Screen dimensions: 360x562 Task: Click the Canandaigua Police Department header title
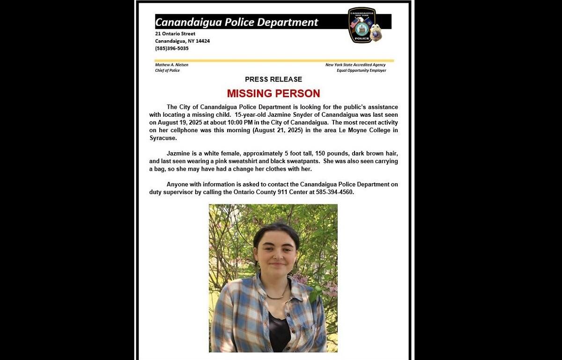pyautogui.click(x=237, y=22)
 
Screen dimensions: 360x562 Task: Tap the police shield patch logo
pyautogui.click(x=362, y=25)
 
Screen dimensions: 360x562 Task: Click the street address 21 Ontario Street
pyautogui.click(x=175, y=34)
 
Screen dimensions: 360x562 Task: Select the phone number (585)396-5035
pyautogui.click(x=172, y=48)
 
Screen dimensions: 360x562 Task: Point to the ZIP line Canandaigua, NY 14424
pyautogui.click(x=182, y=41)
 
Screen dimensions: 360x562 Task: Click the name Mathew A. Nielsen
pyautogui.click(x=171, y=65)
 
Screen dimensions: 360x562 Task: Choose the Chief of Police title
pyautogui.click(x=167, y=70)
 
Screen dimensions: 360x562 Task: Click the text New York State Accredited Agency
pyautogui.click(x=355, y=65)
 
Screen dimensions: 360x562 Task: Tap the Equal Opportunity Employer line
pyautogui.click(x=361, y=70)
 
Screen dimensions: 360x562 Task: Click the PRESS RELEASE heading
pyautogui.click(x=274, y=79)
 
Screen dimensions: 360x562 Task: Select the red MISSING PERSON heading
pyautogui.click(x=274, y=93)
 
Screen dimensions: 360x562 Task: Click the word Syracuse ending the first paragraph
pyautogui.click(x=163, y=138)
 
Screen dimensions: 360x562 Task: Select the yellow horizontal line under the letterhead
pyautogui.click(x=274, y=60)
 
